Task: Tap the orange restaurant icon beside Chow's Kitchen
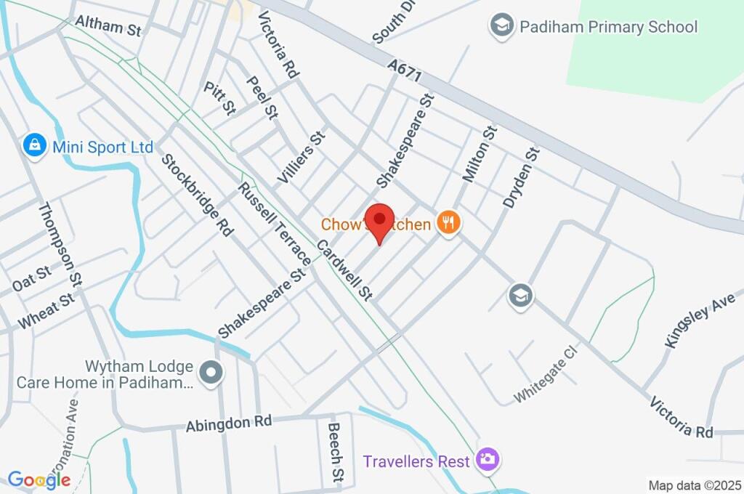[x=448, y=224]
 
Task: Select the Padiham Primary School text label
[x=608, y=28]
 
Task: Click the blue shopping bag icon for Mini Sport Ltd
[x=33, y=146]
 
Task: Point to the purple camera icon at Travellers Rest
[x=486, y=459]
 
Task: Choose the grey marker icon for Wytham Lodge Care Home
[x=212, y=373]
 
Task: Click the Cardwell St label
[x=345, y=270]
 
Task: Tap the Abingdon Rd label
[x=228, y=423]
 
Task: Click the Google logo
[x=39, y=479]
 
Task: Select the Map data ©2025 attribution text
[x=694, y=485]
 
